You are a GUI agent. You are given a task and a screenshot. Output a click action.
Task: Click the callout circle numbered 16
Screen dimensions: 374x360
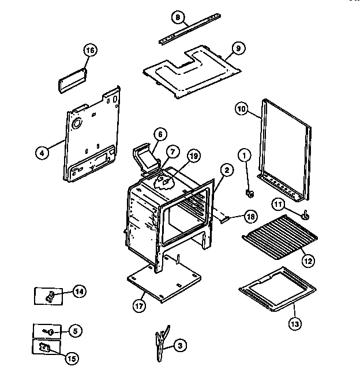(x=89, y=50)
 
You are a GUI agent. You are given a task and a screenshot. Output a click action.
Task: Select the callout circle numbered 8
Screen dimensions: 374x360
(x=178, y=17)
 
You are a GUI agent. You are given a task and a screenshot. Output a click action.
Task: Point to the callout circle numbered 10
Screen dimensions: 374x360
(x=242, y=108)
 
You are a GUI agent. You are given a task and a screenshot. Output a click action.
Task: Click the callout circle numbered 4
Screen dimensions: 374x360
(x=41, y=153)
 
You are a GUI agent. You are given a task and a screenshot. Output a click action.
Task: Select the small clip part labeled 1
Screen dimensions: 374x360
(x=250, y=192)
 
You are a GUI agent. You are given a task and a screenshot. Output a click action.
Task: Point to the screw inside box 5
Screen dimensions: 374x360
(x=50, y=331)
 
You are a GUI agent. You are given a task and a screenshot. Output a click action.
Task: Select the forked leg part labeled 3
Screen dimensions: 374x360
(x=161, y=346)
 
